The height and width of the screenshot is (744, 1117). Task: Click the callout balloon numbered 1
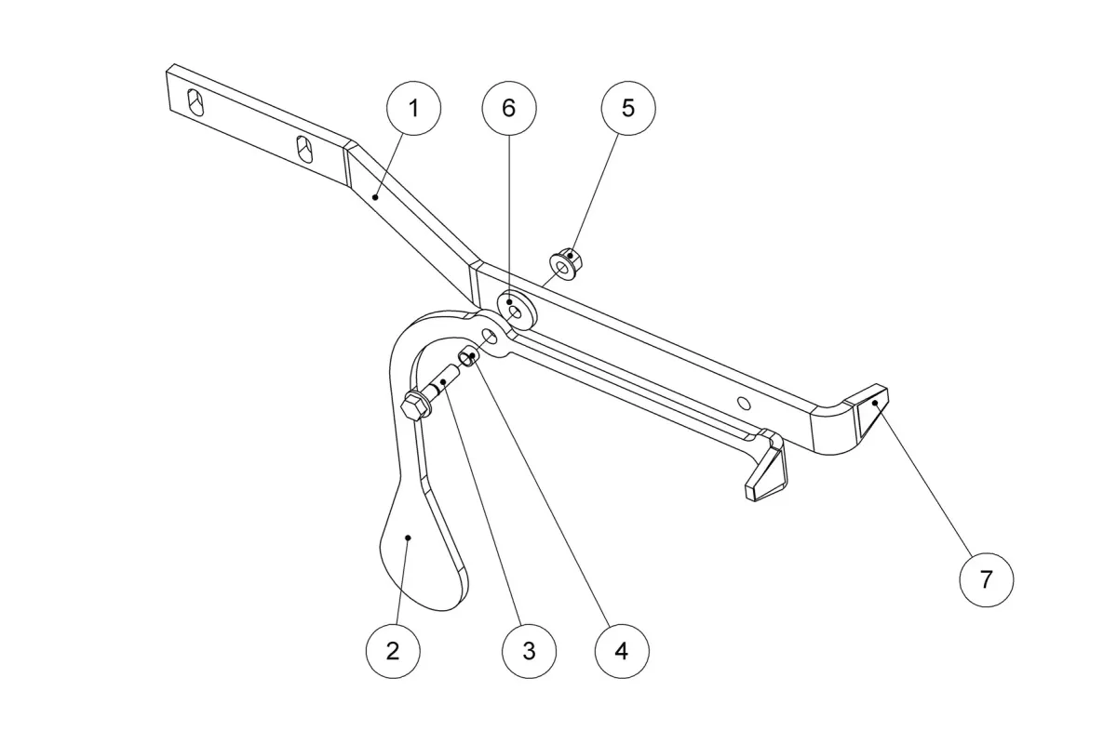pyautogui.click(x=413, y=108)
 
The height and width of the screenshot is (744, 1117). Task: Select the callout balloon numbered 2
pyautogui.click(x=393, y=651)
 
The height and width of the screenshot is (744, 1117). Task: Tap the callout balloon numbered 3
pyautogui.click(x=529, y=651)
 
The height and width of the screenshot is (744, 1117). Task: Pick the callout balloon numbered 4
pyautogui.click(x=622, y=651)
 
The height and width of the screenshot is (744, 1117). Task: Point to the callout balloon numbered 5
pyautogui.click(x=628, y=108)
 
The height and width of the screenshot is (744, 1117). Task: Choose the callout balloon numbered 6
pyautogui.click(x=509, y=108)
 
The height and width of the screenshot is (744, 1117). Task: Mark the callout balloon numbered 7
pyautogui.click(x=987, y=579)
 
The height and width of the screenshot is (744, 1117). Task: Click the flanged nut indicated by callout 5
pyautogui.click(x=567, y=263)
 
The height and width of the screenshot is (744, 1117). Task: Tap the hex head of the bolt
pyautogui.click(x=415, y=406)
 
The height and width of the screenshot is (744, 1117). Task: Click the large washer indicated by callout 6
pyautogui.click(x=517, y=311)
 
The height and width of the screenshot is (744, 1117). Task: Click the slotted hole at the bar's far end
pyautogui.click(x=195, y=102)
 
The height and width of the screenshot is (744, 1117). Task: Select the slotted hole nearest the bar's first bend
pyautogui.click(x=304, y=149)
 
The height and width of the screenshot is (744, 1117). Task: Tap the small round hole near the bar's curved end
pyautogui.click(x=744, y=403)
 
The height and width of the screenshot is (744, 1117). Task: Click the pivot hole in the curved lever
pyautogui.click(x=490, y=338)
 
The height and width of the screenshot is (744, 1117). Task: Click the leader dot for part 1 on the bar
pyautogui.click(x=375, y=198)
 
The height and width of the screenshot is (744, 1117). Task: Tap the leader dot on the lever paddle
pyautogui.click(x=408, y=538)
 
